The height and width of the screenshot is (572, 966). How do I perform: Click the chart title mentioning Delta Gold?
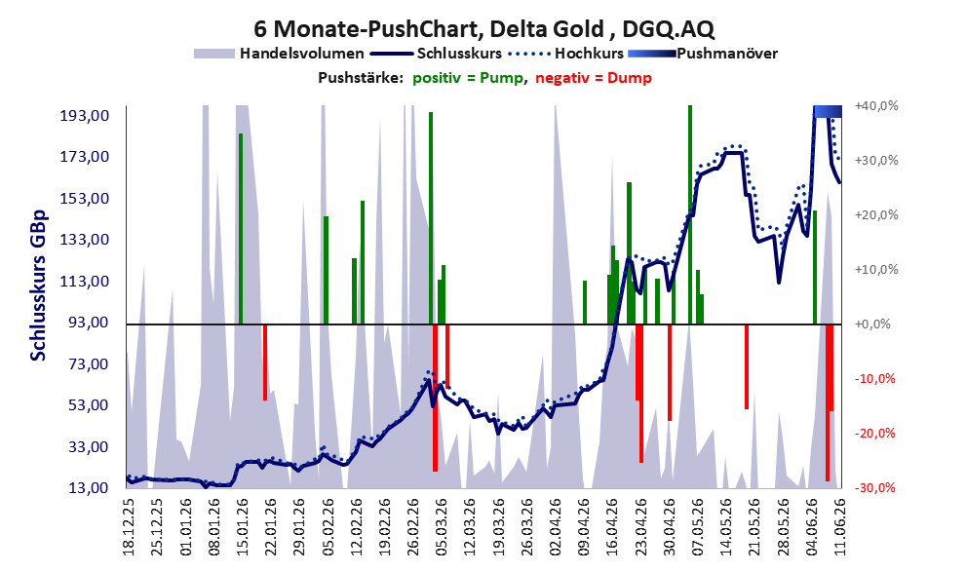coord(483,28)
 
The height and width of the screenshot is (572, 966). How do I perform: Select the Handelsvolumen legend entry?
coord(279,54)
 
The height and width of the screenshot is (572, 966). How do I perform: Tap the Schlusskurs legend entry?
coord(436,54)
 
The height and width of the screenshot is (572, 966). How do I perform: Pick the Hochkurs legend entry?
coord(565,54)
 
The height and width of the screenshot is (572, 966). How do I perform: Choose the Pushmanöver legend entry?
coord(703,54)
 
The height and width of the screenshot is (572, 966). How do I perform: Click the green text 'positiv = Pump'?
coord(467,78)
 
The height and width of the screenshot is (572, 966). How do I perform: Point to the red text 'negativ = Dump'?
coord(594,78)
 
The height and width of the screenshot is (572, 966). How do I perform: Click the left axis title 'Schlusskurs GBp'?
coord(38,286)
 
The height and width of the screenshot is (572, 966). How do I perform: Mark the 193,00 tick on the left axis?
coord(85,116)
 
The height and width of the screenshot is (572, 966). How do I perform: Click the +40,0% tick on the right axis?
coord(876,106)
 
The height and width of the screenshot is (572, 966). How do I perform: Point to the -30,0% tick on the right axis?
coord(874,487)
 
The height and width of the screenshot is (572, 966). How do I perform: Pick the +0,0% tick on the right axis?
coord(872,324)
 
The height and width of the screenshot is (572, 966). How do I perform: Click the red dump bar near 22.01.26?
coord(265,362)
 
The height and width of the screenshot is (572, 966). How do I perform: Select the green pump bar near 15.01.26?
coord(241,228)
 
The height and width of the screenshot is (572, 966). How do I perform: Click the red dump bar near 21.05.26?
coord(747,366)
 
